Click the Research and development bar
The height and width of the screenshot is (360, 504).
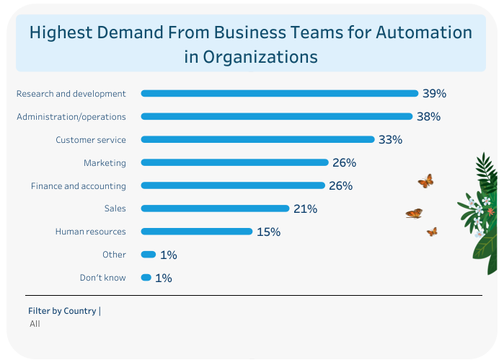pyautogui.click(x=280, y=93)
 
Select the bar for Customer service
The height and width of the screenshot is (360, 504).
pyautogui.click(x=257, y=139)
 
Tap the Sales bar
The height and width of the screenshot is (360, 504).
pyautogui.click(x=215, y=208)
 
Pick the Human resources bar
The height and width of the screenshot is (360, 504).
pyautogui.click(x=197, y=232)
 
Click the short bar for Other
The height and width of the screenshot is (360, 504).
pyautogui.click(x=149, y=254)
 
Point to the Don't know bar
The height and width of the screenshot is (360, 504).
pyautogui.click(x=146, y=277)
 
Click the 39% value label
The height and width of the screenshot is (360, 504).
pyautogui.click(x=435, y=93)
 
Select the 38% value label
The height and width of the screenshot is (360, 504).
pyautogui.click(x=428, y=116)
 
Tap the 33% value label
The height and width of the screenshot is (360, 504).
pyautogui.click(x=390, y=139)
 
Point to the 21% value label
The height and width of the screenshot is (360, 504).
pyautogui.click(x=305, y=208)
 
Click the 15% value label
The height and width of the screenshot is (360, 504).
pyautogui.click(x=268, y=232)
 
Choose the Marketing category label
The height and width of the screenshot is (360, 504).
pyautogui.click(x=105, y=162)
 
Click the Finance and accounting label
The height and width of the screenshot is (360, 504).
pyautogui.click(x=79, y=185)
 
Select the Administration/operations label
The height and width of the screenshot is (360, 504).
pyautogui.click(x=71, y=116)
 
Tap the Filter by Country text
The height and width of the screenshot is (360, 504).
pyautogui.click(x=63, y=311)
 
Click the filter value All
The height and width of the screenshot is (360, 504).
pyautogui.click(x=35, y=324)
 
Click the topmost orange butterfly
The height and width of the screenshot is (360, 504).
pyautogui.click(x=425, y=181)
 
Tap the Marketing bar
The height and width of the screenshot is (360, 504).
pyautogui.click(x=234, y=162)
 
